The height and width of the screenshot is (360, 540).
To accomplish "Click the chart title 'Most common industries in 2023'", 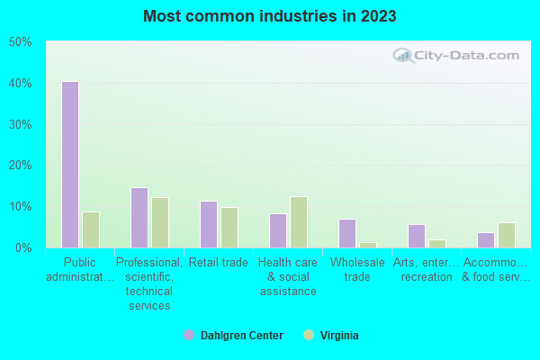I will [269, 16].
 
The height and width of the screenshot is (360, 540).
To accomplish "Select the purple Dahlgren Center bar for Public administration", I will [70, 165].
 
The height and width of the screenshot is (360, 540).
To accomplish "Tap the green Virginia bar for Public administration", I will [91, 229].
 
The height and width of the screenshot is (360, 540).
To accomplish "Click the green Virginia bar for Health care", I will [299, 222].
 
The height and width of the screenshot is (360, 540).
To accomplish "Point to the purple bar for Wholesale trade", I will [347, 233].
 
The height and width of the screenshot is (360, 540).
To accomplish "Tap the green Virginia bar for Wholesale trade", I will [368, 245].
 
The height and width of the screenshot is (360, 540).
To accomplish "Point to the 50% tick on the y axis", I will [21, 42].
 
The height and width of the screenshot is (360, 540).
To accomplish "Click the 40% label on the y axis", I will [21, 84].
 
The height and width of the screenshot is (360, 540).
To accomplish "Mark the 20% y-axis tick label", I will [21, 166].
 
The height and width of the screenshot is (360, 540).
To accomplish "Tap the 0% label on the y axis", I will [23, 247].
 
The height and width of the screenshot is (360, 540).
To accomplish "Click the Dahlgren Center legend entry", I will [233, 336].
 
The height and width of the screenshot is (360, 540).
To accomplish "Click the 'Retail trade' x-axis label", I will [219, 263].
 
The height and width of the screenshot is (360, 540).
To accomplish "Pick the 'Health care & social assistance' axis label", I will [288, 277].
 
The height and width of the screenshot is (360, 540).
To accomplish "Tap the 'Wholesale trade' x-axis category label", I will [357, 270].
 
